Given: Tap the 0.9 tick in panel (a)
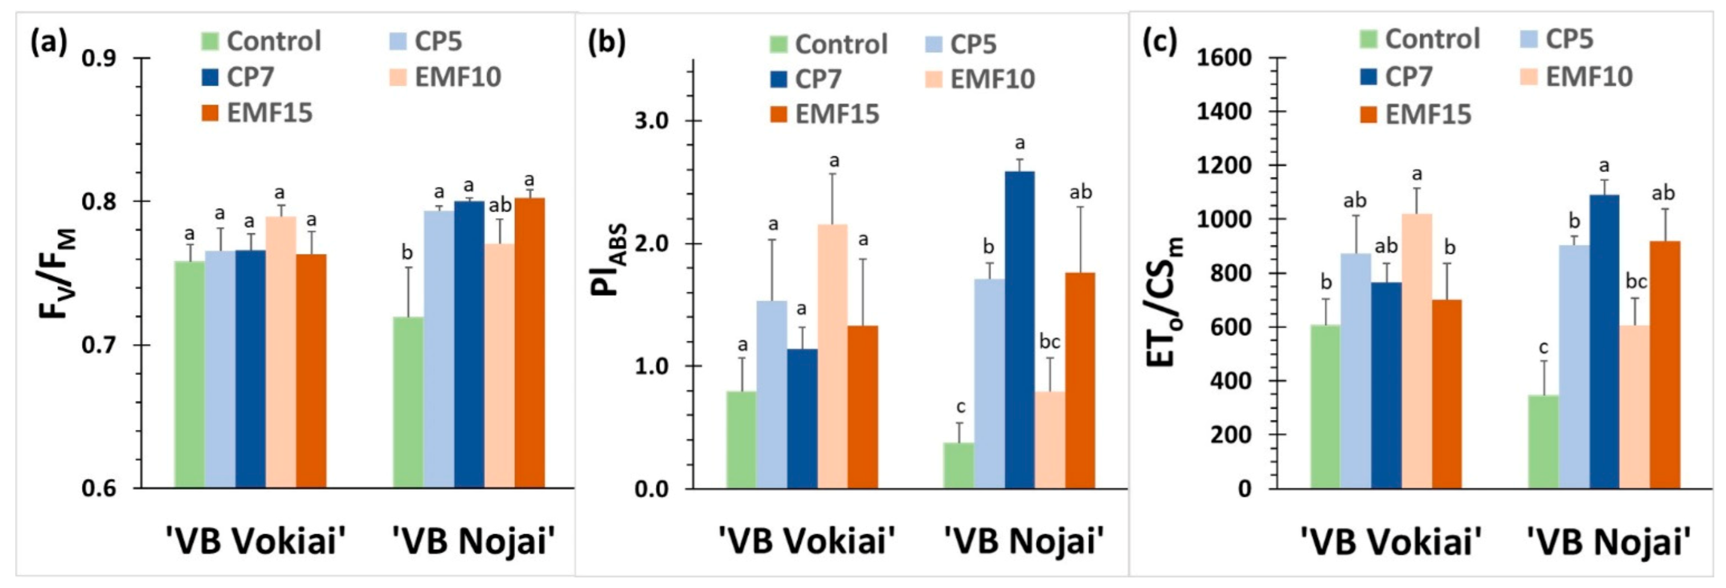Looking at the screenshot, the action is tap(99, 58).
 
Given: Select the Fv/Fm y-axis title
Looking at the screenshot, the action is tap(58, 273).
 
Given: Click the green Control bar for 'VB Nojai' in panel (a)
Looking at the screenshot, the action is tap(408, 402).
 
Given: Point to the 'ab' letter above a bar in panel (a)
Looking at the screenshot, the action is tap(500, 204).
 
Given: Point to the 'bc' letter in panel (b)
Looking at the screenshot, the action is tap(1049, 342).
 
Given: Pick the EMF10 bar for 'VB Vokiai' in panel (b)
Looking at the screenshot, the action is tap(832, 356).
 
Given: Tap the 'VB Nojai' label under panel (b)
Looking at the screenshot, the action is tap(1023, 540).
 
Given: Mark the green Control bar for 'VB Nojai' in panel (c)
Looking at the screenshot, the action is tap(1543, 442).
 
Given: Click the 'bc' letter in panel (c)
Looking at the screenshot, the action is tap(1636, 282).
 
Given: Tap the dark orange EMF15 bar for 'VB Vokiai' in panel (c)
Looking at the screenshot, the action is tap(1447, 394).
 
